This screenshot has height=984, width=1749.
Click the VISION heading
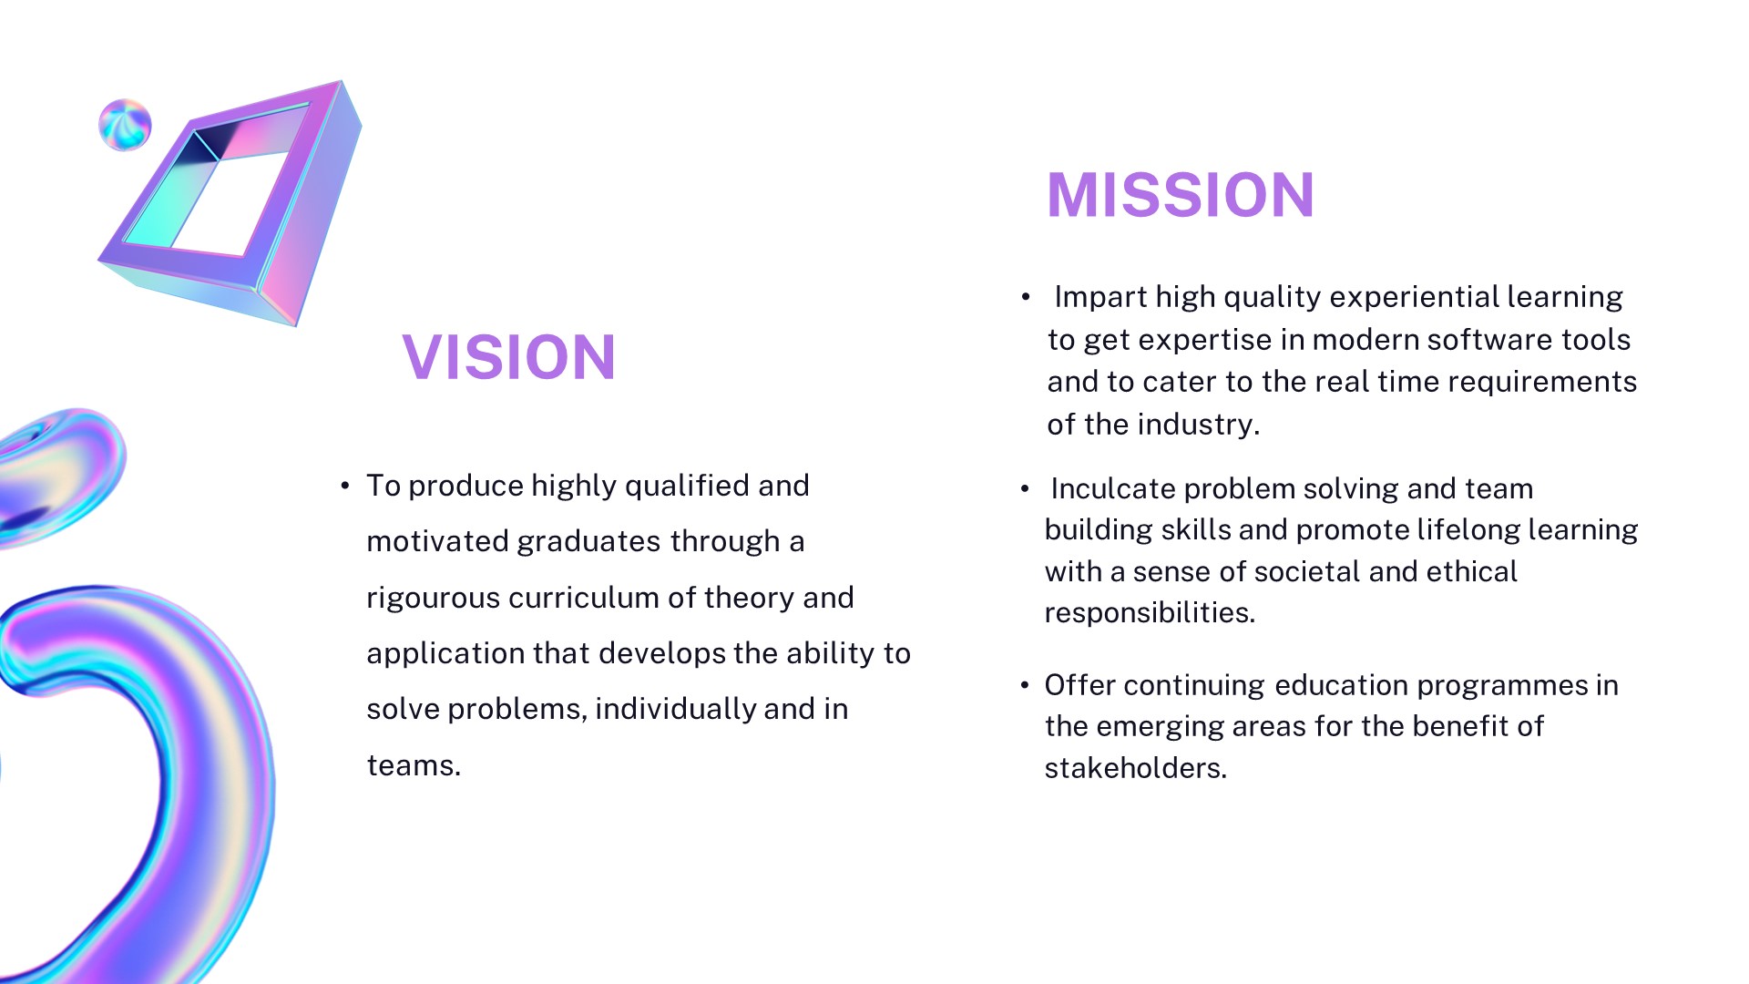(509, 356)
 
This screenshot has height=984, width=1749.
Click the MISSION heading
(1181, 195)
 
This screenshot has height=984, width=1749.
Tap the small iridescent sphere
(125, 125)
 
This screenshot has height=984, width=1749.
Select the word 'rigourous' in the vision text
(433, 599)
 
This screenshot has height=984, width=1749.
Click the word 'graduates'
(588, 542)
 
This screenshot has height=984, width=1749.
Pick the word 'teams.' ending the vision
(414, 765)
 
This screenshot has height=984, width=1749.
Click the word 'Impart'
(1100, 298)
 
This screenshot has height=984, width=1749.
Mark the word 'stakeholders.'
(1135, 769)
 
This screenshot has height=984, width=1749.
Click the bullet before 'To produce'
(345, 487)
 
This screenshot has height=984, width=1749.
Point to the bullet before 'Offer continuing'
(1025, 685)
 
